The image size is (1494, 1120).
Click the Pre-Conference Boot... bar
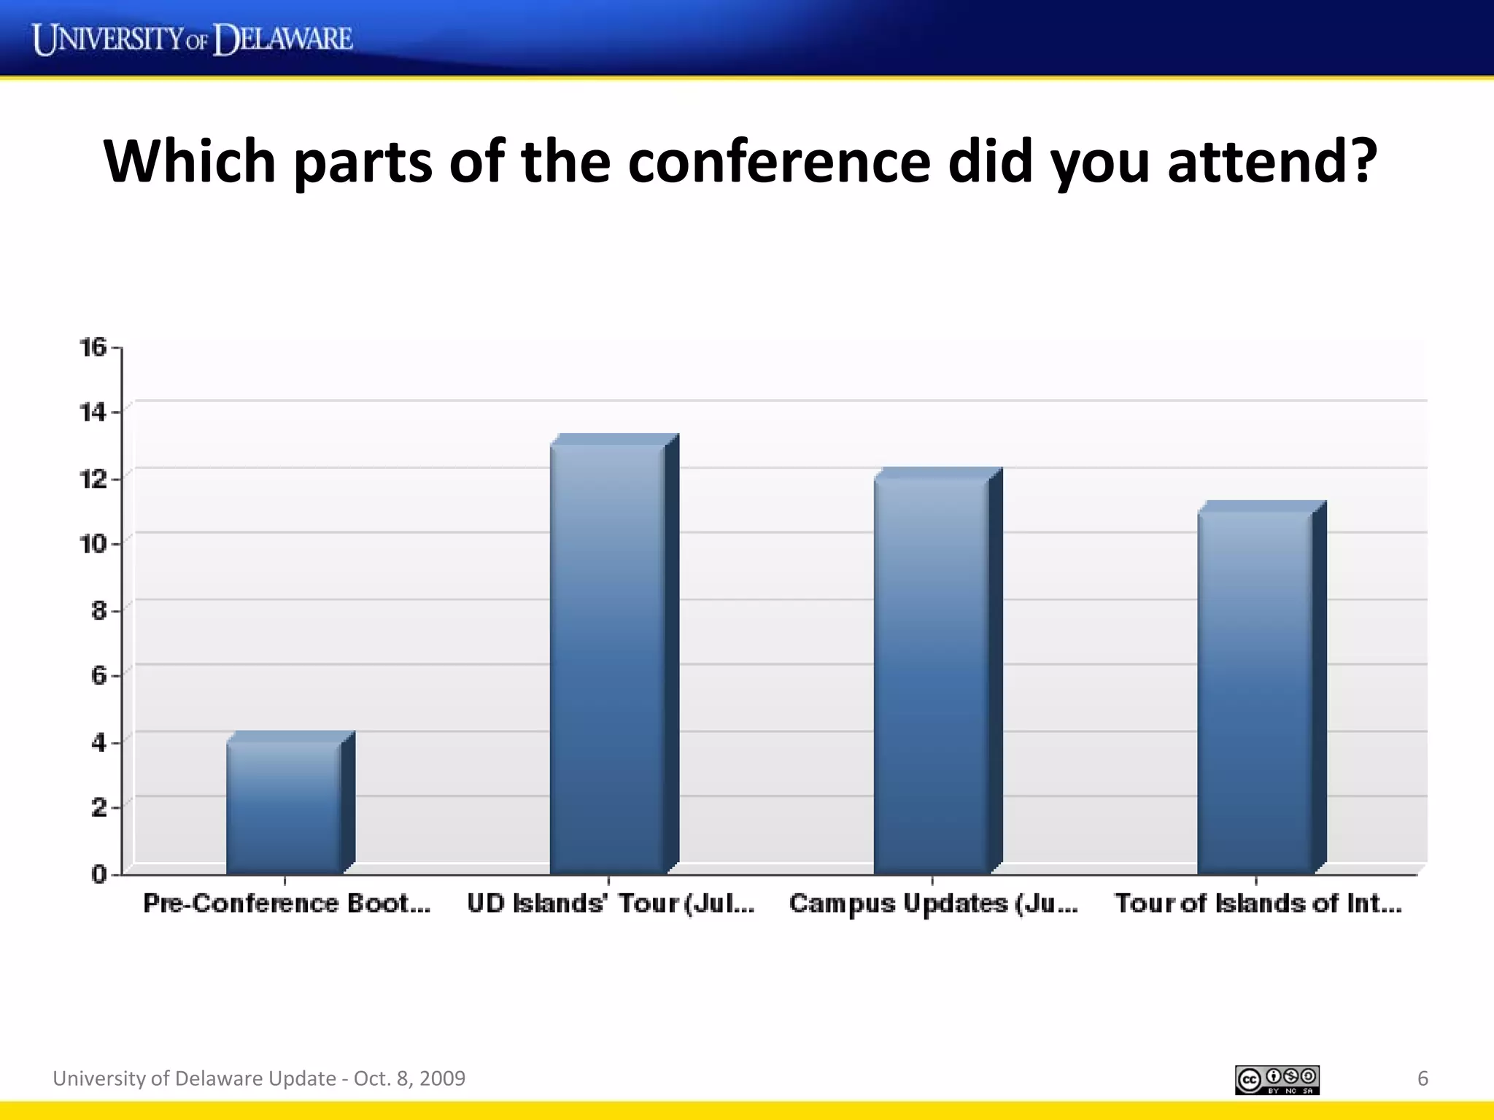tap(284, 806)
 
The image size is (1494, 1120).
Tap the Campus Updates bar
tap(932, 675)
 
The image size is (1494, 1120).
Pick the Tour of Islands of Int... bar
tap(1255, 692)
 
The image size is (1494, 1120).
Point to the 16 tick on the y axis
tap(93, 347)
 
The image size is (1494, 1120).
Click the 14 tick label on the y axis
tap(93, 413)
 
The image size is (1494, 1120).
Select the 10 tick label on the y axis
tap(93, 544)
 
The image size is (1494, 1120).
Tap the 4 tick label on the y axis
tap(98, 742)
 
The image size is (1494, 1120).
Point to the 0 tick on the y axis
tap(98, 874)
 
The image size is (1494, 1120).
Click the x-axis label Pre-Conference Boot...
tap(287, 903)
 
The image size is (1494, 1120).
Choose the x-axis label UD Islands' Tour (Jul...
tap(611, 903)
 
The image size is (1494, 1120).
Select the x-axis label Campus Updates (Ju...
tap(933, 903)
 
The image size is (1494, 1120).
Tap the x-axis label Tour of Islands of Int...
tap(1258, 903)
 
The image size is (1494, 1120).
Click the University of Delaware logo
tap(193, 39)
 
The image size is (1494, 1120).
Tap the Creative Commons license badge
tap(1277, 1080)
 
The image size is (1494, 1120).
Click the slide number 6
tap(1423, 1078)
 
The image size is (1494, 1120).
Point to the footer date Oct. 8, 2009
tap(409, 1078)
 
